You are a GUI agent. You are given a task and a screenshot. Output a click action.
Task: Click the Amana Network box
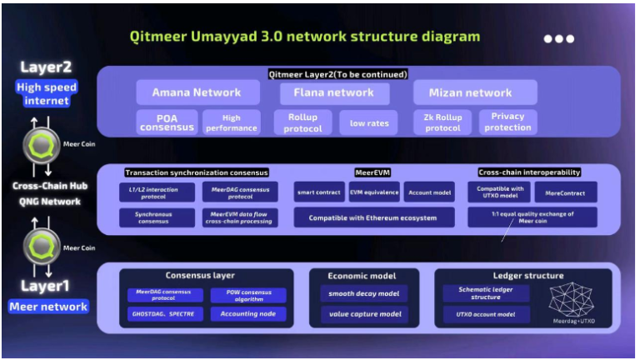pyautogui.click(x=197, y=92)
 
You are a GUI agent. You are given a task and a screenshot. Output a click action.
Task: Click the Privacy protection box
pyautogui.click(x=507, y=122)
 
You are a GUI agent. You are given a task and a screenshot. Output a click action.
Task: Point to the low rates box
pyautogui.click(x=368, y=122)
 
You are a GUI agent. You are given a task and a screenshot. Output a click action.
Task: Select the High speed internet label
pyautogui.click(x=46, y=93)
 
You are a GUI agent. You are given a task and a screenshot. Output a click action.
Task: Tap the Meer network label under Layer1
pyautogui.click(x=47, y=307)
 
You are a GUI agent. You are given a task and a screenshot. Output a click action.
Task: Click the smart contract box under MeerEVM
pyautogui.click(x=318, y=192)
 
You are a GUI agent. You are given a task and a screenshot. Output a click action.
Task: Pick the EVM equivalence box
pyautogui.click(x=373, y=192)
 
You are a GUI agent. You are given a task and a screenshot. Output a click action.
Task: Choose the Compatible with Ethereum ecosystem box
pyautogui.click(x=374, y=217)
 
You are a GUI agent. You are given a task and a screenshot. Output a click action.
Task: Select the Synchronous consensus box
pyautogui.click(x=157, y=217)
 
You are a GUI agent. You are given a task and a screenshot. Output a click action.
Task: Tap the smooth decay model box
pyautogui.click(x=362, y=293)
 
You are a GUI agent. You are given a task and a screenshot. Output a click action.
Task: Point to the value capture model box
pyautogui.click(x=362, y=314)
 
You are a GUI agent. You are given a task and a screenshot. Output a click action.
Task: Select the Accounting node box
pyautogui.click(x=247, y=314)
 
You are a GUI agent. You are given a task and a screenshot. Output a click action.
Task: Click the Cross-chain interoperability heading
pyautogui.click(x=529, y=172)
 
